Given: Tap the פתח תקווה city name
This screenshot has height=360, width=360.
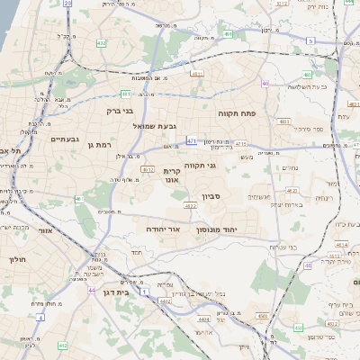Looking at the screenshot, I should [237, 114].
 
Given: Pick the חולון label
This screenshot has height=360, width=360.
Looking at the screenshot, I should [17, 259].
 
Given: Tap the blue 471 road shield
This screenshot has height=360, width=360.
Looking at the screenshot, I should [191, 141].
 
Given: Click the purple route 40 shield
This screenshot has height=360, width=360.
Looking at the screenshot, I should [265, 84].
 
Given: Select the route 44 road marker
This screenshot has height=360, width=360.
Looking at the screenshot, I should [92, 291].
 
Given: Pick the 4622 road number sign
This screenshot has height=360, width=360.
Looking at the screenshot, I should [190, 206].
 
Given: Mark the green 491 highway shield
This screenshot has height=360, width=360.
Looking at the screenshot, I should [126, 93].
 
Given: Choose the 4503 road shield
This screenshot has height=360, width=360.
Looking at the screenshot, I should [262, 316].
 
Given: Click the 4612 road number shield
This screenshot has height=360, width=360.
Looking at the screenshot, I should [147, 168].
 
